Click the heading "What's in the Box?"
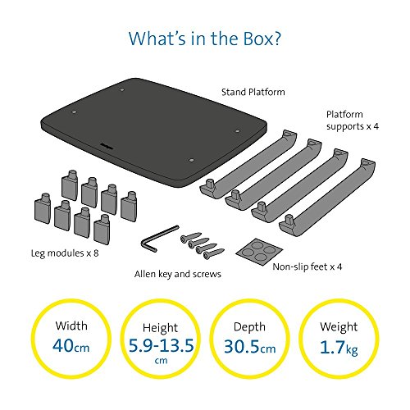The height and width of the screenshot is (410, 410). click(x=205, y=39)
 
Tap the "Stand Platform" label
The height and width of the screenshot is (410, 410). click(x=253, y=92)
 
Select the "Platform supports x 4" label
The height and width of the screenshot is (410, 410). click(x=353, y=121)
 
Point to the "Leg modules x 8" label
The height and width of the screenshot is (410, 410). click(x=65, y=253)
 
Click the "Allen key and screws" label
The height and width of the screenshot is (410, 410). click(x=178, y=274)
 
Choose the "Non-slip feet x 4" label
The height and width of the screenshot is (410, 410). click(x=307, y=266)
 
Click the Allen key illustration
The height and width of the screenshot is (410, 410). click(x=159, y=239)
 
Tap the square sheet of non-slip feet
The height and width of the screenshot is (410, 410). click(x=259, y=252)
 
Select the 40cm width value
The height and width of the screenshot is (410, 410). click(x=71, y=345)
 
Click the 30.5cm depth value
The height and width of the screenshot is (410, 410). click(x=250, y=347)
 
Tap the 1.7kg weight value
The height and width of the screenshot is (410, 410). click(x=339, y=348)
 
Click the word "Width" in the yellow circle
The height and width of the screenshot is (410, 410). click(x=71, y=326)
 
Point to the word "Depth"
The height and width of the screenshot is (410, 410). click(x=249, y=327)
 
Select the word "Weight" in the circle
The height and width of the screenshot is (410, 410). click(x=339, y=327)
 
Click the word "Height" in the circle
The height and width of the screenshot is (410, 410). click(x=160, y=328)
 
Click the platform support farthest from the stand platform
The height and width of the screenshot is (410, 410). click(x=328, y=196)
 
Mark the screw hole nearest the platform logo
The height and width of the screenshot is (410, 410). click(x=191, y=160)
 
